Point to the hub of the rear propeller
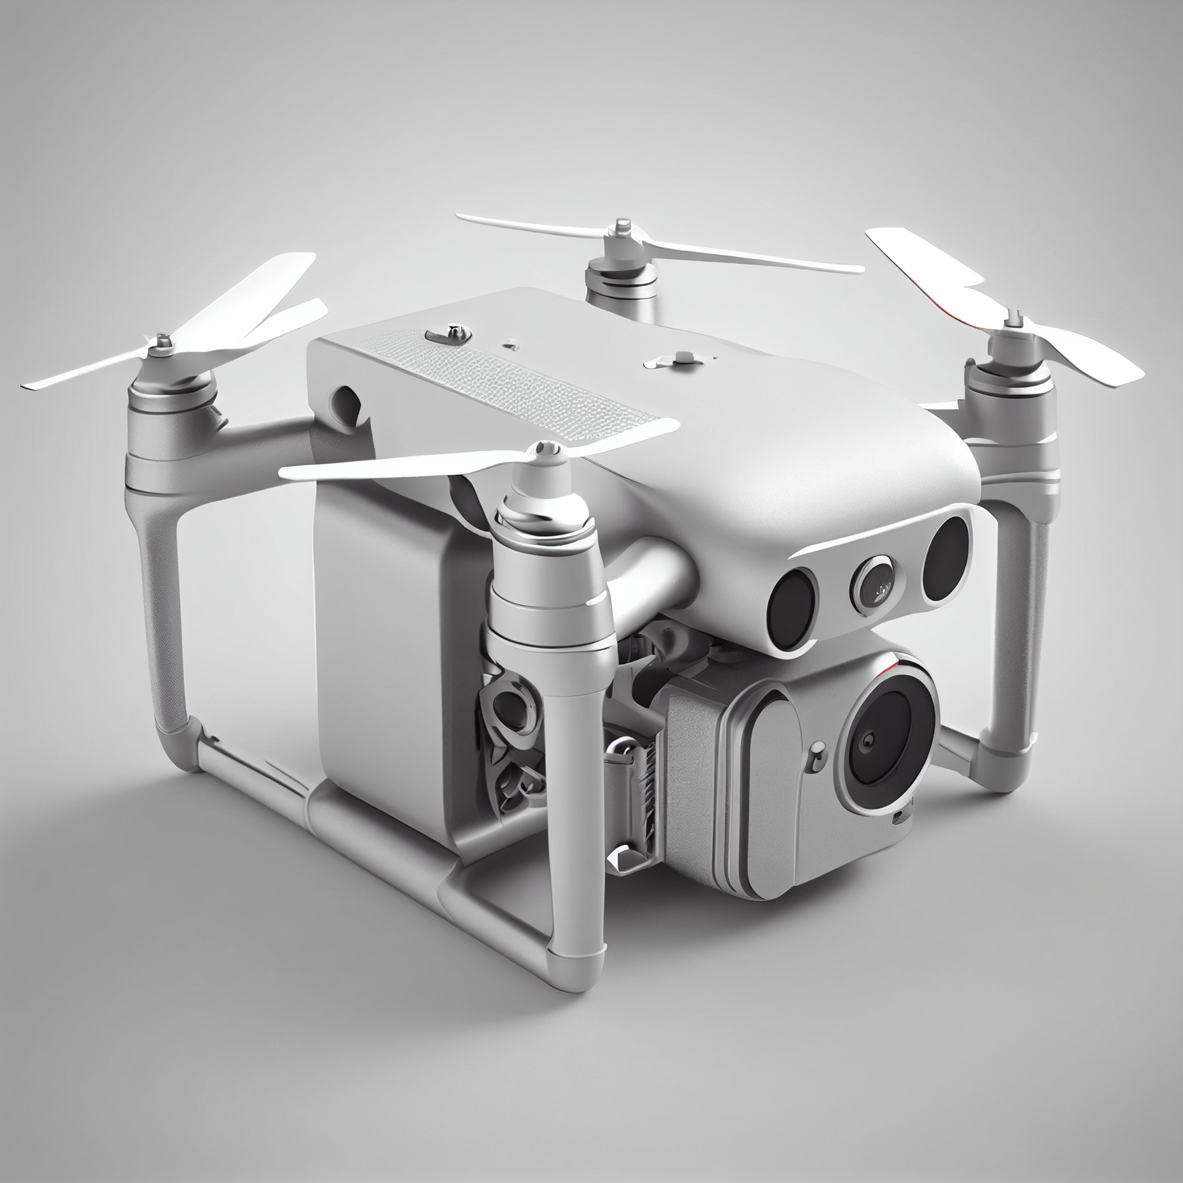pyautogui.click(x=623, y=230)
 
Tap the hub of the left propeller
pyautogui.click(x=163, y=343)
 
